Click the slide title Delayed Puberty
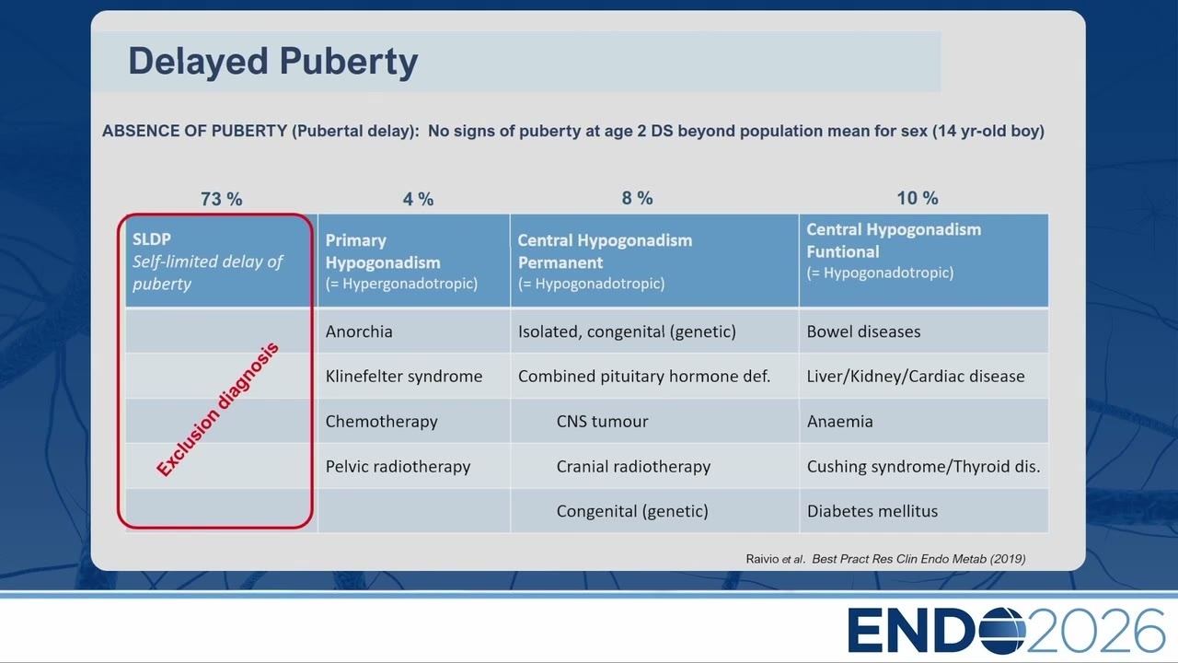coord(273,62)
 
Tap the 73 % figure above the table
coord(222,199)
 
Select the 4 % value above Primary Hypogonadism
coord(418,199)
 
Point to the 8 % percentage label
coord(637,198)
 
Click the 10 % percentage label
coord(918,198)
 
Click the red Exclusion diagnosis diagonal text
coord(217,410)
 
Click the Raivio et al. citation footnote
coord(885,559)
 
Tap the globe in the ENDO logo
coord(1002,631)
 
